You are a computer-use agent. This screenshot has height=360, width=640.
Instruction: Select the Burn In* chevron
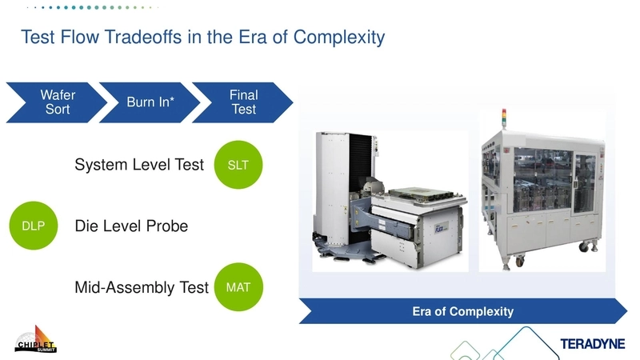point(150,102)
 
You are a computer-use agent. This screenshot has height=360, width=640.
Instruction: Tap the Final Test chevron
point(243,102)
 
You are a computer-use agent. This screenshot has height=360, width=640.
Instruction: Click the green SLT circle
point(238,166)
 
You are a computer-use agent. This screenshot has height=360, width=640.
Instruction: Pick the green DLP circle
point(33,226)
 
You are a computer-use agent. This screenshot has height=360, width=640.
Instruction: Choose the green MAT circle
point(238,286)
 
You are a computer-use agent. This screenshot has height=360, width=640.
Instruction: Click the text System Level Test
point(139,166)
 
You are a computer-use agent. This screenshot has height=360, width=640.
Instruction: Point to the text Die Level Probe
point(131,226)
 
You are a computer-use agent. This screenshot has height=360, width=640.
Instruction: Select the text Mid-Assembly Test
point(141,286)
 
